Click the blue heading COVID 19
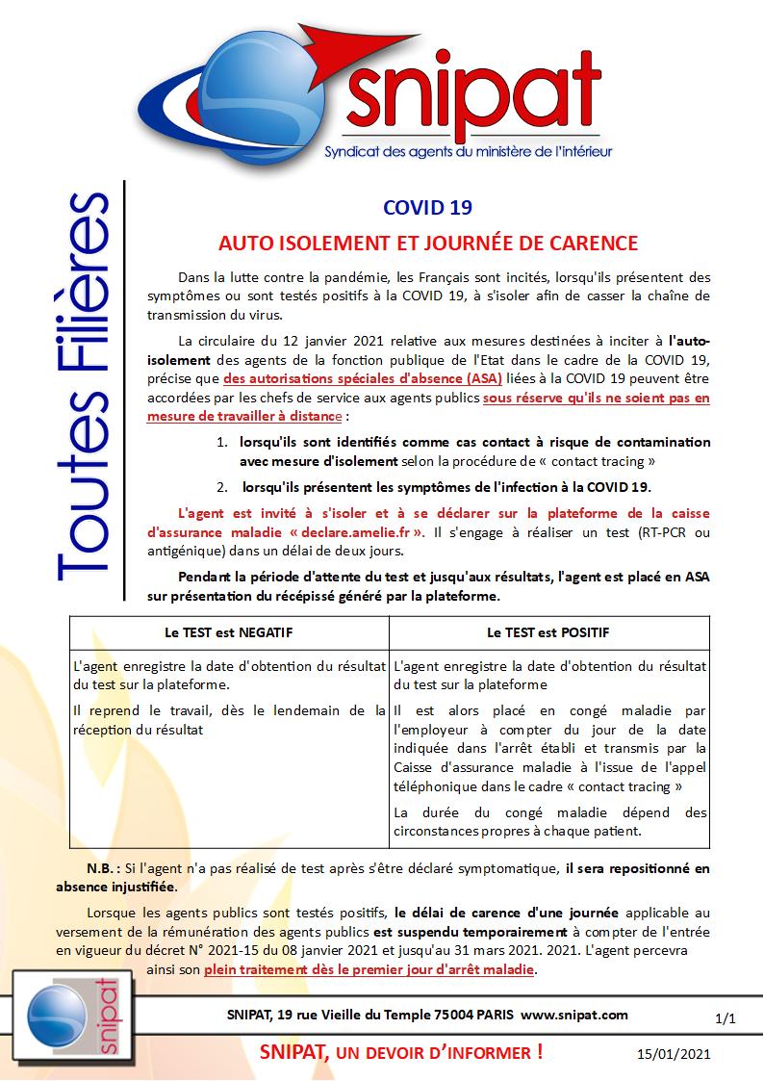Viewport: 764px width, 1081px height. point(427,206)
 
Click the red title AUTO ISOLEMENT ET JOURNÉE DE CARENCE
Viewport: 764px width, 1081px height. point(427,243)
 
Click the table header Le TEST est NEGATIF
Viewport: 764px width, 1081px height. point(229,632)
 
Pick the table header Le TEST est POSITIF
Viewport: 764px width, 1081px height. point(548,632)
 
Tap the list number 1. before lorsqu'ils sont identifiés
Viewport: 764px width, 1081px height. point(220,442)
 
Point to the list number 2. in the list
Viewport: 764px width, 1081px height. point(220,487)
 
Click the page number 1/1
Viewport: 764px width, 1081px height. point(726,1017)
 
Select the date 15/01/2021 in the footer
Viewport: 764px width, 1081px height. point(674,1055)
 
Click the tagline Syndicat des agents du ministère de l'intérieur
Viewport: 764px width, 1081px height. point(469,151)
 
